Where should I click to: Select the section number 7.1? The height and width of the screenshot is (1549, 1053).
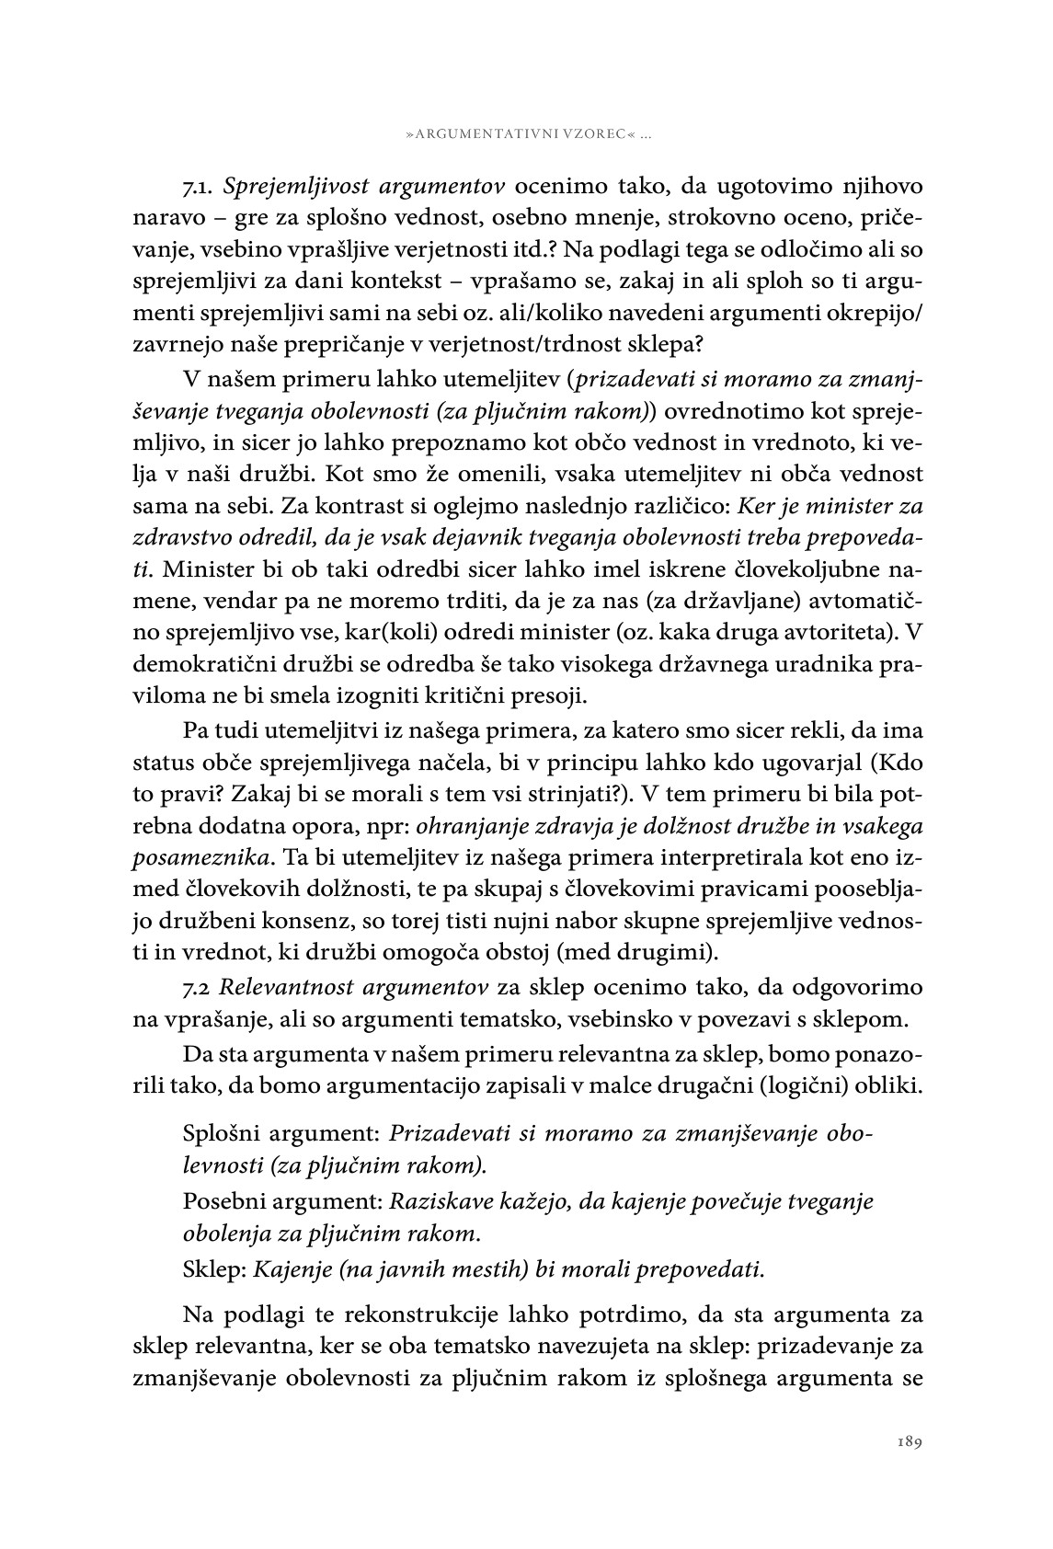tap(199, 187)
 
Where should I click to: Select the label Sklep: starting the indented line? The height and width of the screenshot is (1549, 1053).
tap(214, 1270)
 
